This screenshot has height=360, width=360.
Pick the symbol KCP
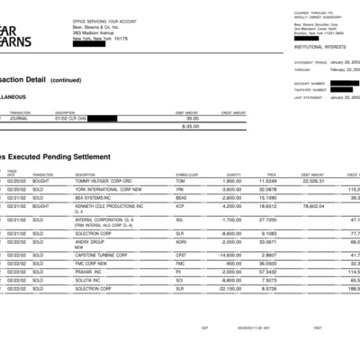pos(180,206)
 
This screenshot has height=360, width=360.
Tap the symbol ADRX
pos(181,241)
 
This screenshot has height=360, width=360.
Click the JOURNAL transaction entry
pos(20,118)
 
